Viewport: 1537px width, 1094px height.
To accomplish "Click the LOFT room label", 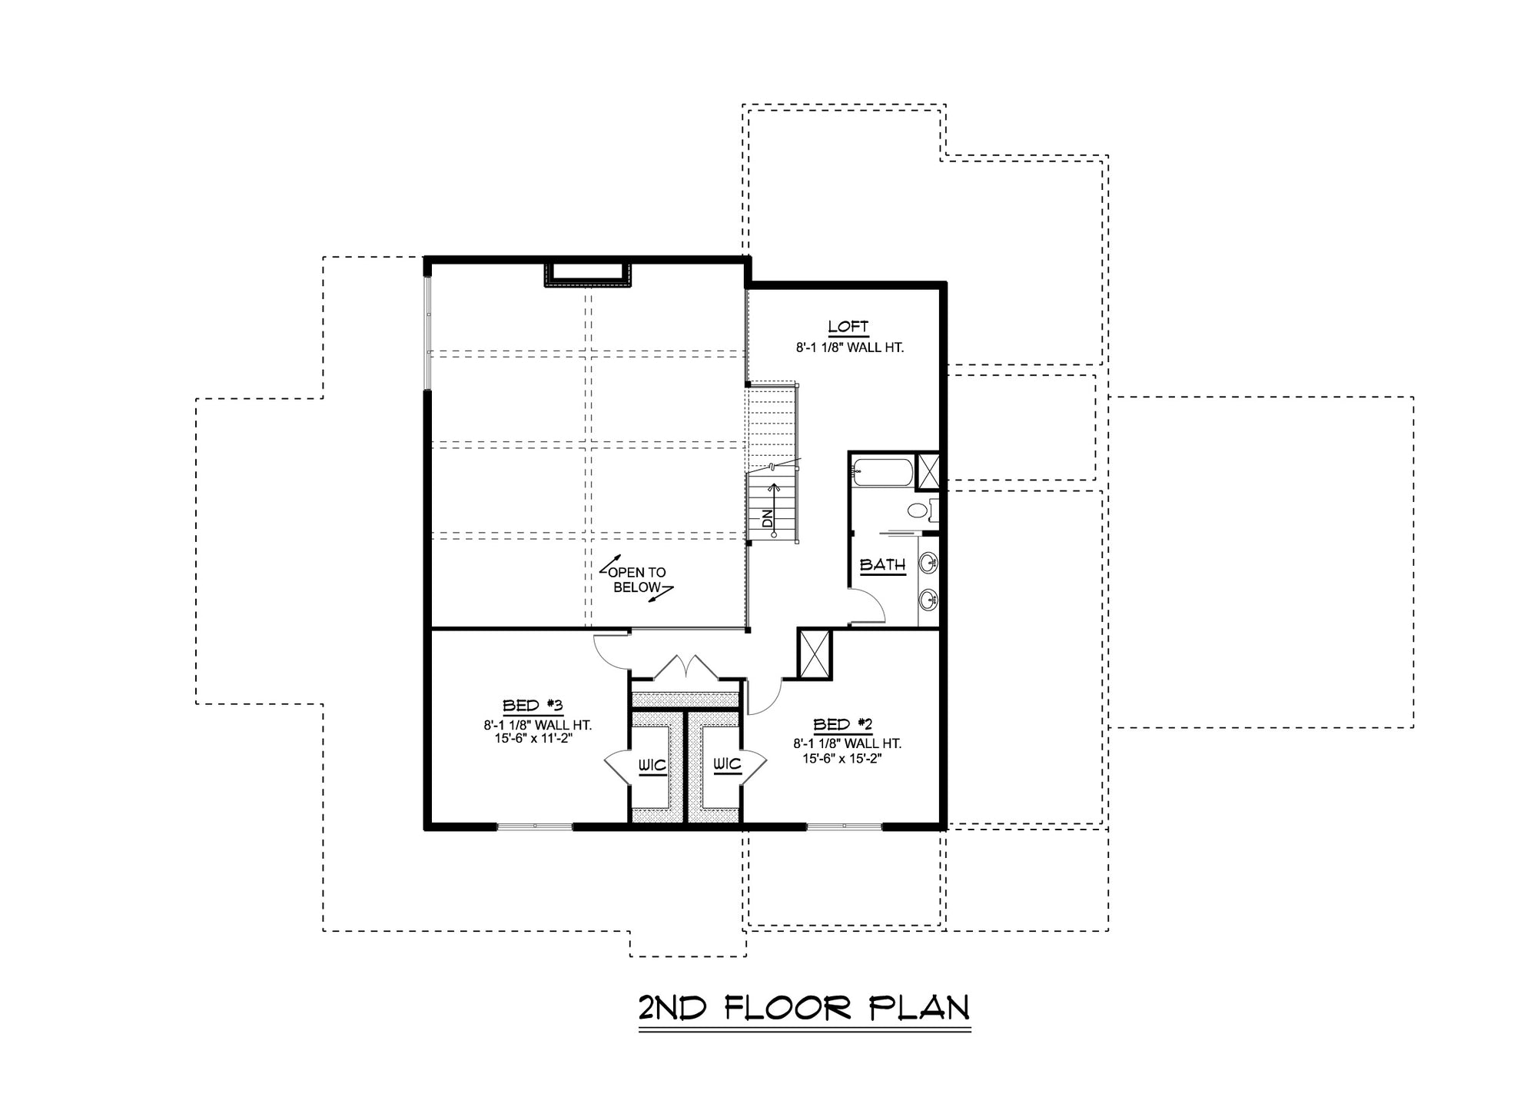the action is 848,326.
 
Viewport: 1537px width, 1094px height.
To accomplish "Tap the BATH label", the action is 882,565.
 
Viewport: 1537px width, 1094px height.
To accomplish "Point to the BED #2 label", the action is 843,724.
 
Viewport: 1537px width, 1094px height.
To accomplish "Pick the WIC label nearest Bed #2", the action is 727,763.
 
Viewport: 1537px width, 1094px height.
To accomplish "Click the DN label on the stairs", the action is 767,519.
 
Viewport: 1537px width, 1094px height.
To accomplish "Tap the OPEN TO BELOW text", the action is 636,580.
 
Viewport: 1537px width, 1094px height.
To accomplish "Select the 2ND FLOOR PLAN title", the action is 804,1007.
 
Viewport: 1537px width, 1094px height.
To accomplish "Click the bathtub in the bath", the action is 884,473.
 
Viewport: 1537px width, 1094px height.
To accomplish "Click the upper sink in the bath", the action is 929,564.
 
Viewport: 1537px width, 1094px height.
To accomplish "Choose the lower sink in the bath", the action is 929,599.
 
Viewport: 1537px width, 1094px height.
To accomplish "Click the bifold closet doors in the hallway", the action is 686,667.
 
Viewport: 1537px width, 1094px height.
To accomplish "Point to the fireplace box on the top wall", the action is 588,274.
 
